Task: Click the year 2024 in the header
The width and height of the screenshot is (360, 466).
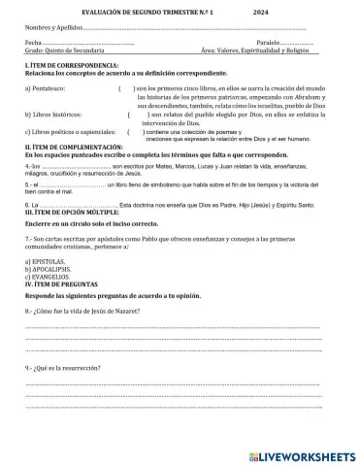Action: point(260,11)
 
